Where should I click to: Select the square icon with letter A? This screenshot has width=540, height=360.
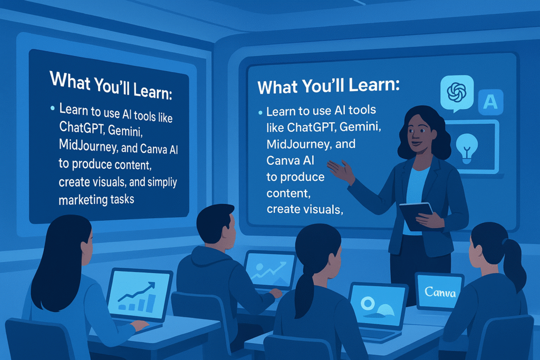[x=491, y=102]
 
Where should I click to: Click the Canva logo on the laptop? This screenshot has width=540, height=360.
[x=440, y=292]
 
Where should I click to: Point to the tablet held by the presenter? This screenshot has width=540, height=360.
[x=416, y=216]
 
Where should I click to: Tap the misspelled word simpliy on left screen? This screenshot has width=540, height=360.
[x=162, y=182]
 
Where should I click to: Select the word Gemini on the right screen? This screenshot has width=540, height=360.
[x=360, y=128]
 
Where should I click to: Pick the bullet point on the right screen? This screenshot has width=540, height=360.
[x=261, y=113]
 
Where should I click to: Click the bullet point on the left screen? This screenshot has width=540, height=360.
[x=52, y=108]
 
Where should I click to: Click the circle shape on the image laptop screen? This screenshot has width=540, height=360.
[x=368, y=304]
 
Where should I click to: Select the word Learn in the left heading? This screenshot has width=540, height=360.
[x=152, y=91]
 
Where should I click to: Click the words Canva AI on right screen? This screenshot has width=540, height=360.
[x=291, y=160]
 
